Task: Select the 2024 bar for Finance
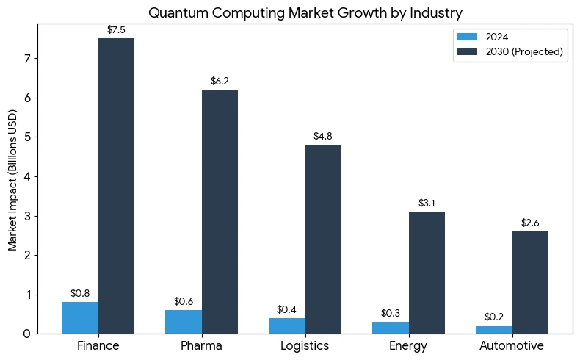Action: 80,317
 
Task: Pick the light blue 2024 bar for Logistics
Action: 287,325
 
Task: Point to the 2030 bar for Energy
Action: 427,273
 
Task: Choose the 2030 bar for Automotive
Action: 530,282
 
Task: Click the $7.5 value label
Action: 117,30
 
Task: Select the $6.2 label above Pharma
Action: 220,81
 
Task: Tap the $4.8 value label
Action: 323,136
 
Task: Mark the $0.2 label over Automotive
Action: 494,317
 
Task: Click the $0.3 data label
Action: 391,313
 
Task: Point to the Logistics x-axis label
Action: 305,345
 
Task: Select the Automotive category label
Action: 512,345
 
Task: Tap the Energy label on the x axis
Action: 408,345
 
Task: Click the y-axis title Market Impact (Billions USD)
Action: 13,180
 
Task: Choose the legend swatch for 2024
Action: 467,37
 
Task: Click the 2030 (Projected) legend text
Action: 524,51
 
